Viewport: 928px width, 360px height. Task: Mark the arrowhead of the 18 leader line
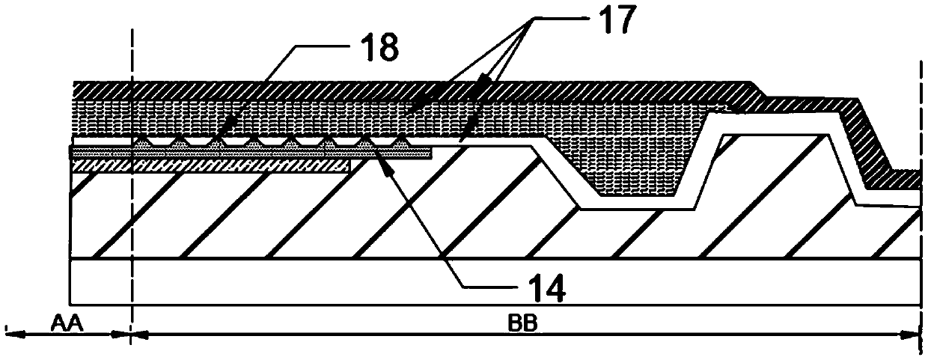point(225,135)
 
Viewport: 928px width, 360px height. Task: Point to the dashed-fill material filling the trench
point(636,172)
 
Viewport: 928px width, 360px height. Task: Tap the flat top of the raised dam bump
point(778,135)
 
